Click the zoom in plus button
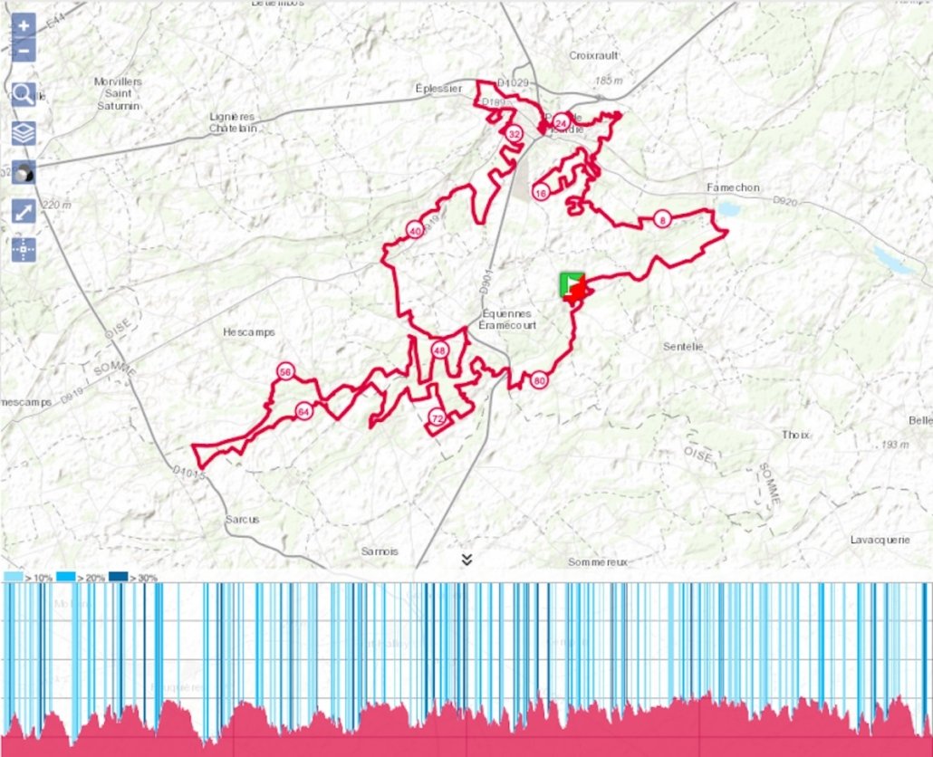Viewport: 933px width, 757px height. point(24,25)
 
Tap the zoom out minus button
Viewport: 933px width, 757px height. point(24,50)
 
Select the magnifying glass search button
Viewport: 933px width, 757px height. point(24,94)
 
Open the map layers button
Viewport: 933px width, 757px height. point(24,133)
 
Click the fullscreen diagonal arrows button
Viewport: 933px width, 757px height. point(24,212)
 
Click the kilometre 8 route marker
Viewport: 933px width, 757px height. point(662,220)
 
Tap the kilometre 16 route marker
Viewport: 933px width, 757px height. point(541,193)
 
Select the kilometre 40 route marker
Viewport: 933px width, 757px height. point(415,230)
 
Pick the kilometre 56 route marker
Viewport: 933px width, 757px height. point(286,372)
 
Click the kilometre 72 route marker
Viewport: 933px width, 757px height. point(438,418)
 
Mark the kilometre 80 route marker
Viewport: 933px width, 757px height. point(539,380)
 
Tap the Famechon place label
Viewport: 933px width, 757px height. point(733,187)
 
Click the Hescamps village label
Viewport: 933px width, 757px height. point(248,332)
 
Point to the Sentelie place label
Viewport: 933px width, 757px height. point(683,346)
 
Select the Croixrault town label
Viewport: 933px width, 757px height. point(594,55)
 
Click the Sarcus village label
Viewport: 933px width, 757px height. point(242,520)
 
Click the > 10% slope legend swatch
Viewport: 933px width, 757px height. point(14,577)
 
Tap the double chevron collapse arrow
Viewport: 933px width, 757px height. point(466,560)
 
